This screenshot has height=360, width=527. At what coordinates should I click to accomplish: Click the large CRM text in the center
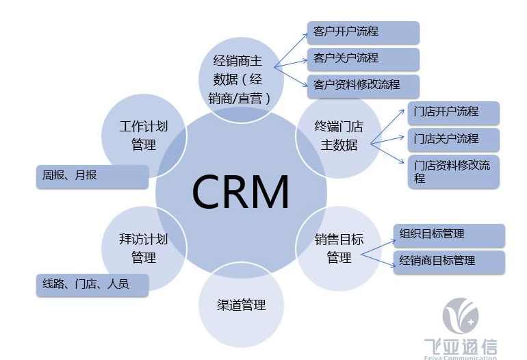[240, 192]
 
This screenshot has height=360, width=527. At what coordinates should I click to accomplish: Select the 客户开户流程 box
[363, 32]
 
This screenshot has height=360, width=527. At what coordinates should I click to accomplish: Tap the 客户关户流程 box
[363, 59]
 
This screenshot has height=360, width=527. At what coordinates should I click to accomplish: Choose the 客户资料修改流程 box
[363, 86]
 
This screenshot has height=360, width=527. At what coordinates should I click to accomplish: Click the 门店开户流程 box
[453, 112]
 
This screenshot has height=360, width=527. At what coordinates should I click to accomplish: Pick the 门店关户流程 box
[453, 139]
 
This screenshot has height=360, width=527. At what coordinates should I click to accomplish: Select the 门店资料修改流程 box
[453, 172]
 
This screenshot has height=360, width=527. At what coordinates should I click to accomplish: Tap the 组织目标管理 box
[448, 235]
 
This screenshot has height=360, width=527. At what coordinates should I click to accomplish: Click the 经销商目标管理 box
[448, 261]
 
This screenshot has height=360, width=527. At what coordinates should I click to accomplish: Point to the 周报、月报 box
[91, 176]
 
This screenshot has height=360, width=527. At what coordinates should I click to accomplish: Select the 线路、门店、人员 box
[91, 284]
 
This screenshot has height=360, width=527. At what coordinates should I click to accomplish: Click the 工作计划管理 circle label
[143, 136]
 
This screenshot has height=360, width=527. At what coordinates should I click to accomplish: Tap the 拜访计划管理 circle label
[143, 248]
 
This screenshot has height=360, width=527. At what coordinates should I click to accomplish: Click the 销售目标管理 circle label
[339, 248]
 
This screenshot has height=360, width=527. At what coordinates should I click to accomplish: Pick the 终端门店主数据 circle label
[339, 136]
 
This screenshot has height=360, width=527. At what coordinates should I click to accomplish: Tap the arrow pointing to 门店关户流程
[387, 141]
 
